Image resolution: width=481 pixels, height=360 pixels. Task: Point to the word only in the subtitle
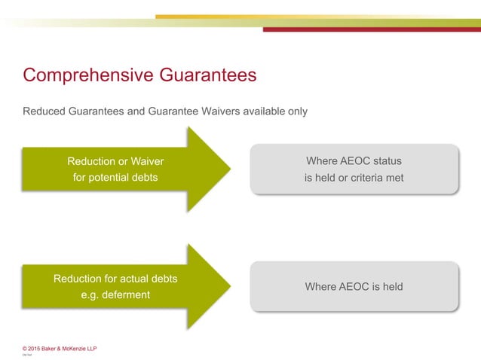pos(296,111)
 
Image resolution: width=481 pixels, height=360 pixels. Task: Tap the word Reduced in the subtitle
pos(44,111)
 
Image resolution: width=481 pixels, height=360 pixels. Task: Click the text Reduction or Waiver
pos(115,161)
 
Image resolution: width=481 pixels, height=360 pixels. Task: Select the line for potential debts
pos(115,178)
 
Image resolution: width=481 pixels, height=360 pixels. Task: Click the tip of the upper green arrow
pos(228,169)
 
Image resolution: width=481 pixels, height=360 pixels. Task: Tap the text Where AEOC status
pos(354,161)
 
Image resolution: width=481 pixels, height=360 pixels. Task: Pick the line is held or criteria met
pos(354,178)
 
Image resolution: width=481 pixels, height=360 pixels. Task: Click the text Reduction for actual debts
pos(115,278)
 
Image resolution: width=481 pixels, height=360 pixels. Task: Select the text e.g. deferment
pos(115,294)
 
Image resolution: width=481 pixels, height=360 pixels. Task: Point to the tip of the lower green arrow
pos(228,286)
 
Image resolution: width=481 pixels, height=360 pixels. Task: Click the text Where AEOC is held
pos(354,286)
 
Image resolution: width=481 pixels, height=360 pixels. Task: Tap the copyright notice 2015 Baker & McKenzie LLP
pos(60,348)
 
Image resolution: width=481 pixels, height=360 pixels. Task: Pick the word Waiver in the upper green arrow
pos(147,161)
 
